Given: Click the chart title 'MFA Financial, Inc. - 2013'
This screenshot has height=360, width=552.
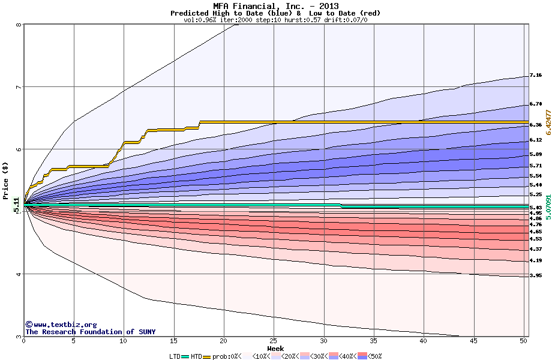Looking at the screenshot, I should tap(275, 6).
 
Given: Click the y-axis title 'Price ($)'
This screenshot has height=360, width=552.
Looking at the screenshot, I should tap(5, 181).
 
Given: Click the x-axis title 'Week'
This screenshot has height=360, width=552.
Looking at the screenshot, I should tap(275, 348).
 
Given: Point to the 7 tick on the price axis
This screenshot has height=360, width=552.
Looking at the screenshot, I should tap(19, 87).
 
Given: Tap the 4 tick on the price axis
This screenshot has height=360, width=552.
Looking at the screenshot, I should tap(19, 274).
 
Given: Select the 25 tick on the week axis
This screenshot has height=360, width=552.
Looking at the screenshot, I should tap(274, 341).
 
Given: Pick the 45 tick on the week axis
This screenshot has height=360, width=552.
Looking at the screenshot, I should tap(473, 341).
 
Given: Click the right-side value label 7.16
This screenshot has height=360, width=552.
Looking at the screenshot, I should tap(536, 76).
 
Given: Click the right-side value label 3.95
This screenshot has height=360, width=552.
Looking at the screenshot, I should tap(536, 275).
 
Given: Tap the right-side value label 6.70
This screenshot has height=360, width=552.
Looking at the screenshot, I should tap(536, 104).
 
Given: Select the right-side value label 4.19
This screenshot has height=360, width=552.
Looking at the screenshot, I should tap(536, 260).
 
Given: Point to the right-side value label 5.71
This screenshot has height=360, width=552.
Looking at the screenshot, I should tap(536, 165).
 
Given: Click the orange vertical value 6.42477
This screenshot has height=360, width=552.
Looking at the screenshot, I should tap(548, 125).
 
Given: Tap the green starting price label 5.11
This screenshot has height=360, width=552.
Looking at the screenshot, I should tap(16, 205).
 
